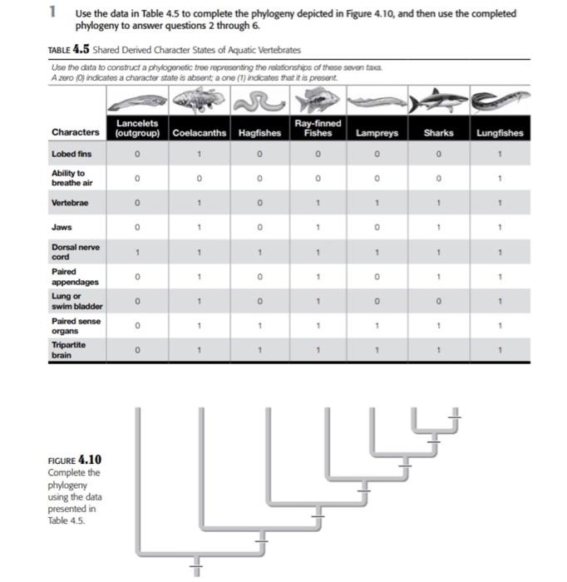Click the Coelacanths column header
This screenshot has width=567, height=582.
(199, 132)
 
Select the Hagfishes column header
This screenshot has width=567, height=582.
(259, 132)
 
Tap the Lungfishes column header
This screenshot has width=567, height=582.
(499, 132)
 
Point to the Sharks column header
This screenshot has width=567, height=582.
(438, 132)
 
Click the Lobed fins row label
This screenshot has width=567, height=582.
(71, 154)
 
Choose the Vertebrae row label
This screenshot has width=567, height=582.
(69, 202)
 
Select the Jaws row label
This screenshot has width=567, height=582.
(62, 226)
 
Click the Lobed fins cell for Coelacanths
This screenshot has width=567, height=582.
(199, 154)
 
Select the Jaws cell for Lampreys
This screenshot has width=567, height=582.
(378, 226)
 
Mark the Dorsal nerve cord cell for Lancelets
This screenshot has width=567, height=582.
(138, 251)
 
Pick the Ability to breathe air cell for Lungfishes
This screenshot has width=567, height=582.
(499, 178)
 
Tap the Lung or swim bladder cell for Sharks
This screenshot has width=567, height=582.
(438, 300)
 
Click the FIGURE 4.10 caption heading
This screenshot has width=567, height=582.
(75, 460)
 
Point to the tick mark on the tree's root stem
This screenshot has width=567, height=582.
(197, 568)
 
